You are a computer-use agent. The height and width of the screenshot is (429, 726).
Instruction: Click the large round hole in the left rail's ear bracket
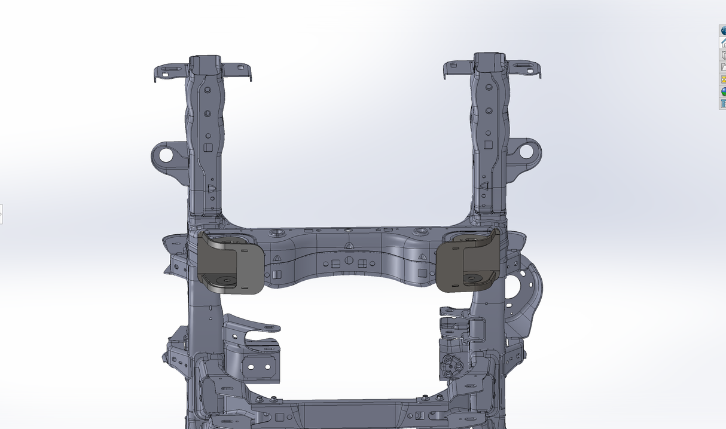point(165,155)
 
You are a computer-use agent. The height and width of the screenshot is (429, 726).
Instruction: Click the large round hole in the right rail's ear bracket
point(526,151)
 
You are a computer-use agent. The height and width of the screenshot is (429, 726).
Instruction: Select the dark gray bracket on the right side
point(468,262)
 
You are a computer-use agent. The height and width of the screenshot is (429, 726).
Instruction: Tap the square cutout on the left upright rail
point(208,148)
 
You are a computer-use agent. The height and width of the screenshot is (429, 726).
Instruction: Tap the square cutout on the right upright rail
point(488,145)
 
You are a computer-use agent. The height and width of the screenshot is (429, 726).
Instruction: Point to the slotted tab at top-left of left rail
point(170,71)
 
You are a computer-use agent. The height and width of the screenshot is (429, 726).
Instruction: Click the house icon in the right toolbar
point(723,43)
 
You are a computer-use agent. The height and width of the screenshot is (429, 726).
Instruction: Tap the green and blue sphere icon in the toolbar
point(723,91)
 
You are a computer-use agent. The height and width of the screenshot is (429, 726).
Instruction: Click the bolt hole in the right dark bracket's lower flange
point(472,278)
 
